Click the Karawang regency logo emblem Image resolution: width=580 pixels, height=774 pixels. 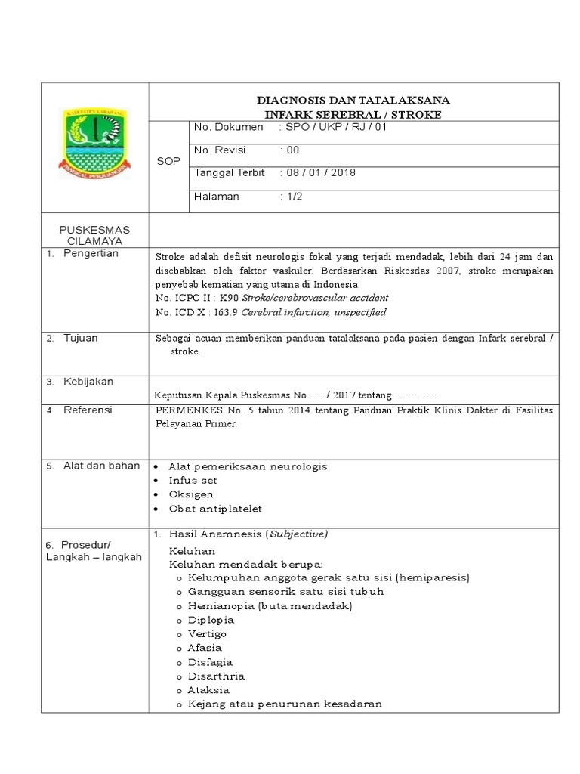pos(94,143)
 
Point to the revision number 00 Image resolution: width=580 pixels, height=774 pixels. pos(291,150)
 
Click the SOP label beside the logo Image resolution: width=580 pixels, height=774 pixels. pos(168,162)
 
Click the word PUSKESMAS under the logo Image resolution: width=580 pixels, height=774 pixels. pos(94,229)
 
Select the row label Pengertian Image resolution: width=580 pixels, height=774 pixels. pos(91,254)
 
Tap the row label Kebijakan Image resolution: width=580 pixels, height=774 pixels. pos(88,382)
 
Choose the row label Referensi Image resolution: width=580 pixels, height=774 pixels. pos(88,410)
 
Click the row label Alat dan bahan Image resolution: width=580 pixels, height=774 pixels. pos(101,466)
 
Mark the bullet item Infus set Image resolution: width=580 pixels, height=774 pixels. pos(193,481)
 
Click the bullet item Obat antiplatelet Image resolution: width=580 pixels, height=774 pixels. pos(215,509)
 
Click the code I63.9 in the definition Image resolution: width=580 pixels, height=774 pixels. pos(223,312)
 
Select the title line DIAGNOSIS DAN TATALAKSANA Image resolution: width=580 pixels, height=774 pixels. pos(353,100)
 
